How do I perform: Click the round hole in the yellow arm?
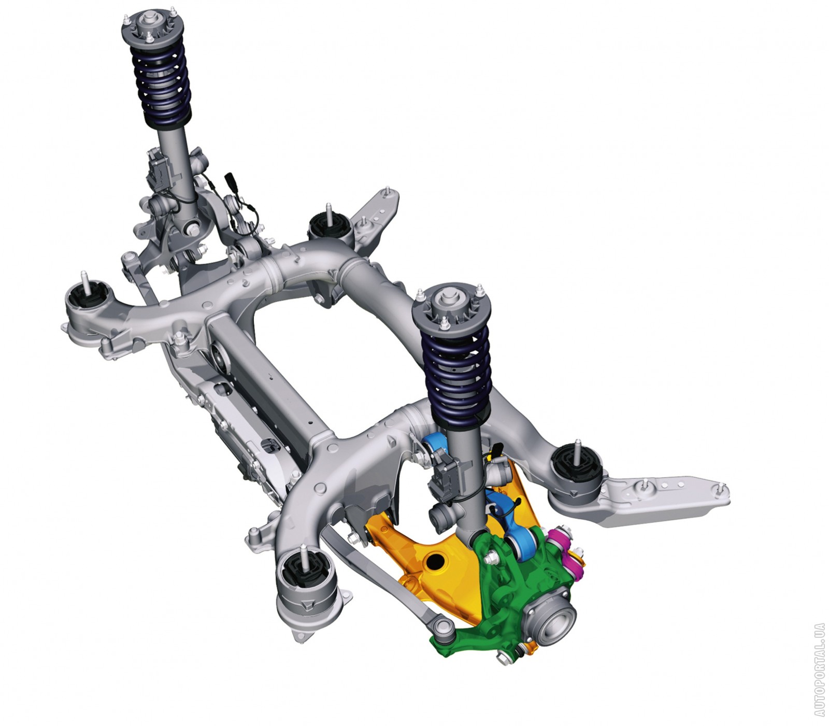click(434, 561)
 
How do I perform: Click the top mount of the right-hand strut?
click(447, 306)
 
